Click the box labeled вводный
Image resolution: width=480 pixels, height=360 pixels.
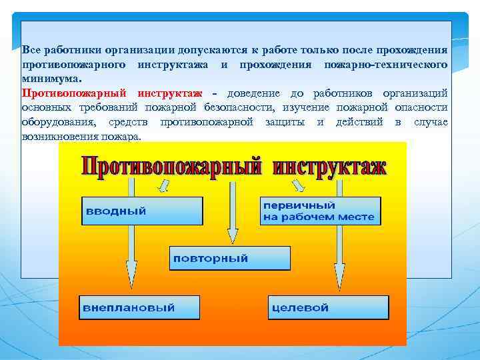coord(141,211)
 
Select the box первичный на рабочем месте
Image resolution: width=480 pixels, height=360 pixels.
coord(320,211)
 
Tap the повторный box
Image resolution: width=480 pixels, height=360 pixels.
coord(230,258)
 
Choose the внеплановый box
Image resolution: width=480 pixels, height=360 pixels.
coord(139,307)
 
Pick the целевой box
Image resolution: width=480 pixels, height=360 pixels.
coord(328,307)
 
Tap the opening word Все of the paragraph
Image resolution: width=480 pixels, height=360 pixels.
coord(31,50)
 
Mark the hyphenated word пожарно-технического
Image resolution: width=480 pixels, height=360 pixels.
coord(385,65)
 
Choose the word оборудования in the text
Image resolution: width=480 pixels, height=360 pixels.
coord(57,122)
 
